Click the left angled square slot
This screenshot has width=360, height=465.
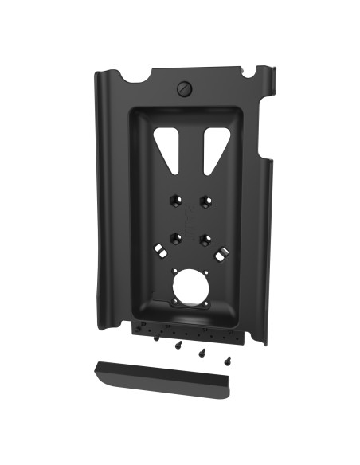click(160, 251)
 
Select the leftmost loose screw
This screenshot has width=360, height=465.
click(157, 338)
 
